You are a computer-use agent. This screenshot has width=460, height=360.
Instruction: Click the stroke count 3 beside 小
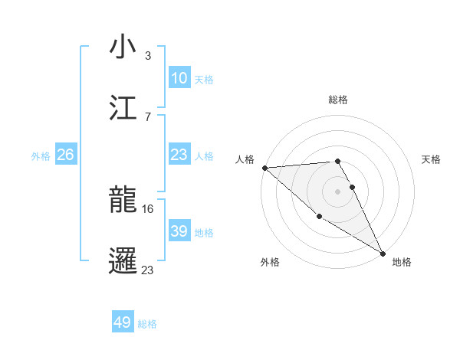pos(148,55)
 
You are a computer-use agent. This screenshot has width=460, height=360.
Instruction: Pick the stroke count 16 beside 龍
pos(148,208)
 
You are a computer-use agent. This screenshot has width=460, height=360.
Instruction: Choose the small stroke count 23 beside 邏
pos(148,270)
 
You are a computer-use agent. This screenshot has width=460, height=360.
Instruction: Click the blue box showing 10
pos(179,77)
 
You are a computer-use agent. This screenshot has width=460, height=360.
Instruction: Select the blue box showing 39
pos(179,231)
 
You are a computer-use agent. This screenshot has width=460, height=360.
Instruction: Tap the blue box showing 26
pos(65,155)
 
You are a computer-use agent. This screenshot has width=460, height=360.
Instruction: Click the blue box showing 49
pos(123,322)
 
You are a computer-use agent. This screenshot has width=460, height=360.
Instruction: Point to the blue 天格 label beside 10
pos(204,79)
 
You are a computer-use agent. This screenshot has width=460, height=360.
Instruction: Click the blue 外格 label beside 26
pos(41,155)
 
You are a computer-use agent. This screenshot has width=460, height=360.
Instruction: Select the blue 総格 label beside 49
pos(147,324)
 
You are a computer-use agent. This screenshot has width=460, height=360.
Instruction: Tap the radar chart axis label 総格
pos(338,100)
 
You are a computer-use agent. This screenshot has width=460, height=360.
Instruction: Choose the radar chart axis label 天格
pos(432,159)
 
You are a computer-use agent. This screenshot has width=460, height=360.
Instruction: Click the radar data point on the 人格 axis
pos(264,167)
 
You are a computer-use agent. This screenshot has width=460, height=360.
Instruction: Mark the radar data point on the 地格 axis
pos(383,253)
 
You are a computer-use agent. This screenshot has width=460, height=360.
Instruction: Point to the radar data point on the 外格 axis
pos(319,217)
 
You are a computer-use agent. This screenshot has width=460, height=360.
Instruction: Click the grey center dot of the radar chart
pos(338,191)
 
